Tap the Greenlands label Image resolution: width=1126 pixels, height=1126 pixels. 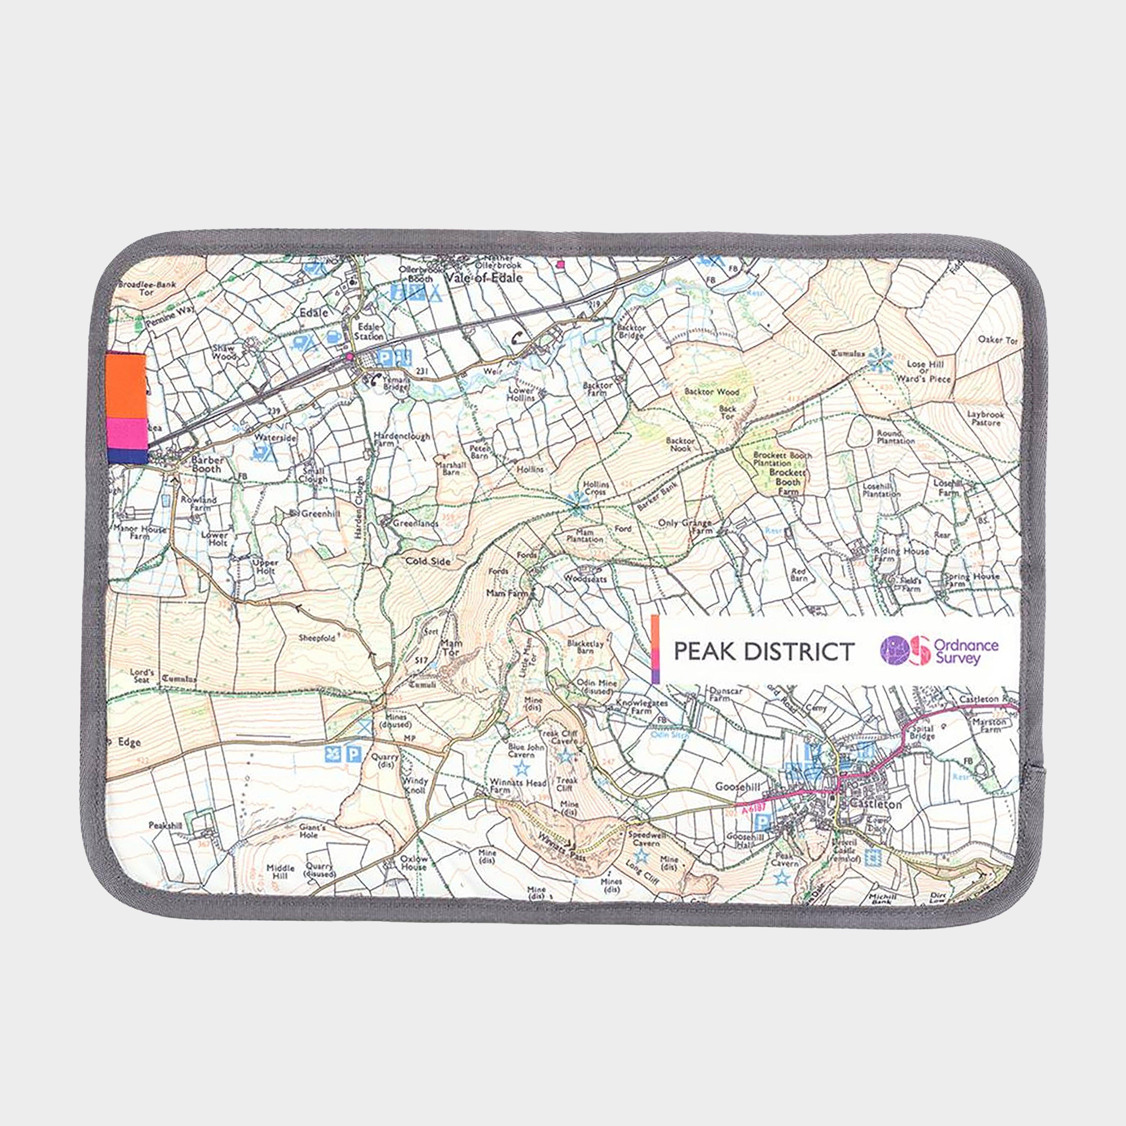[415, 524]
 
